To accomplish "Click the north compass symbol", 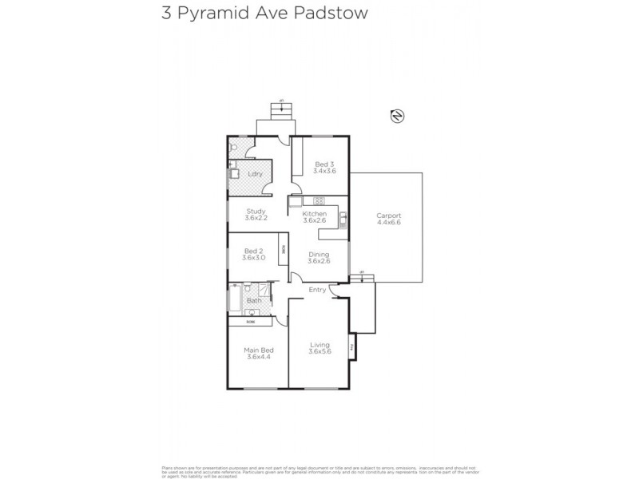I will tap(395, 117).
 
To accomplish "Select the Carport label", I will tap(389, 216).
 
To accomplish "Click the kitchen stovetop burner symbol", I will tap(318, 201).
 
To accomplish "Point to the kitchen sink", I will tap(342, 216).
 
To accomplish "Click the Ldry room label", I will tap(255, 173).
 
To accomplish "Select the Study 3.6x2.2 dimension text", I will tap(256, 218).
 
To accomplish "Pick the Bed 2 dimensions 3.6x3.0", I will tap(255, 258).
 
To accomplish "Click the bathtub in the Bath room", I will tap(233, 299).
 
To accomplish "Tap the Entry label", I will tap(318, 289).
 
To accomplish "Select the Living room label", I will tap(319, 345).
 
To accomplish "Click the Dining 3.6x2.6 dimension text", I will tap(319, 260).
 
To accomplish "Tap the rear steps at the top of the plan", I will tap(281, 110).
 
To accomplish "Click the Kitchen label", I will tap(315, 214).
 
